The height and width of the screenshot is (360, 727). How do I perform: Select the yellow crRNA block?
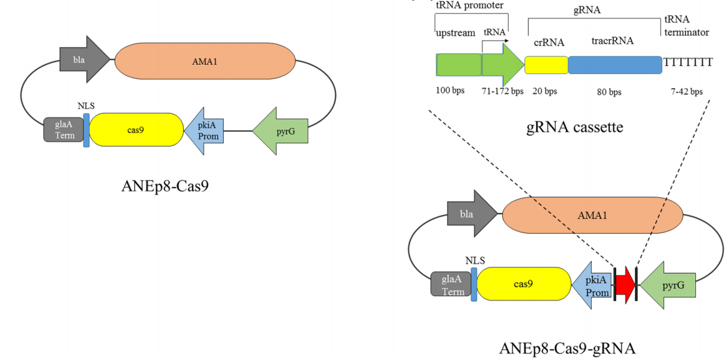tap(546, 65)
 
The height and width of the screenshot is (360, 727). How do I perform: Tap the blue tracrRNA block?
tap(615, 65)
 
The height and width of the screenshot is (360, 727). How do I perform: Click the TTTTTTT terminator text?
tap(688, 62)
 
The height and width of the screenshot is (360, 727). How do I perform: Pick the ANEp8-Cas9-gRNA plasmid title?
tap(567, 348)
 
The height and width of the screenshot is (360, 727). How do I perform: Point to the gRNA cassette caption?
tap(574, 127)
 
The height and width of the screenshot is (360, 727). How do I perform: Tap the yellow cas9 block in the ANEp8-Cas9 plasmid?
tap(136, 130)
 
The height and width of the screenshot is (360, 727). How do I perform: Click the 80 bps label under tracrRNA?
tap(609, 92)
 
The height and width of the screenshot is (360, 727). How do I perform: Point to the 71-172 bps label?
tap(503, 91)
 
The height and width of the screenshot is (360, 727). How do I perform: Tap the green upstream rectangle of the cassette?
tap(459, 65)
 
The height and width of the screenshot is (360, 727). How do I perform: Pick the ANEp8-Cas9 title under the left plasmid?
tap(165, 187)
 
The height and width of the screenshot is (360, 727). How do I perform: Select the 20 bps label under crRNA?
tap(545, 91)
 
